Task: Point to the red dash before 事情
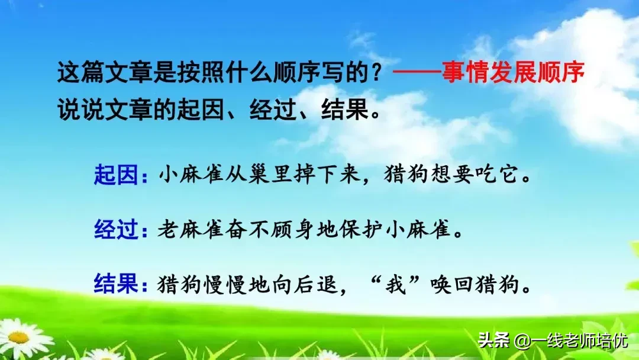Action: (x=417, y=74)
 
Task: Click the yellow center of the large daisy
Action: (x=19, y=337)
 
